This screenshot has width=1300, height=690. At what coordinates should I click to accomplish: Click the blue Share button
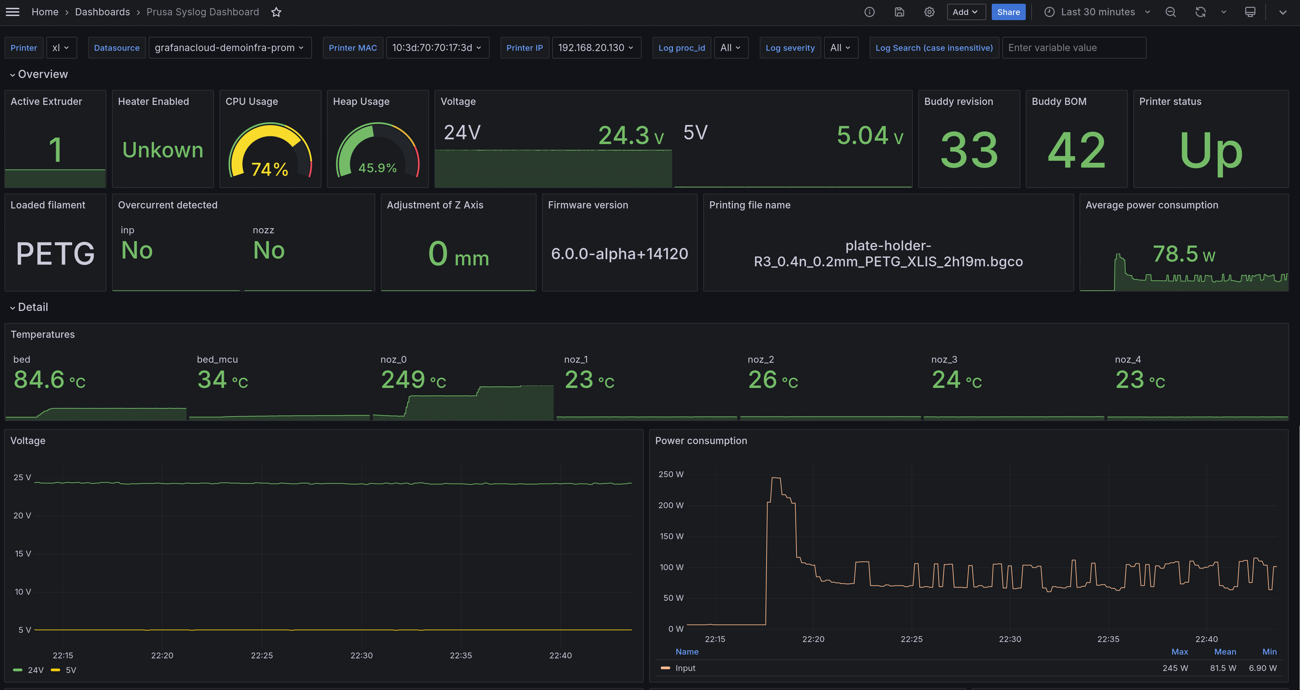click(1008, 12)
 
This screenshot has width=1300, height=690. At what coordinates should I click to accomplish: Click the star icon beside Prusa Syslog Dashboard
click(276, 12)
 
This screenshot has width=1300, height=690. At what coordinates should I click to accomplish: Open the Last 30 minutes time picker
click(1097, 12)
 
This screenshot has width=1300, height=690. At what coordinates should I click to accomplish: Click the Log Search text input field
click(1073, 47)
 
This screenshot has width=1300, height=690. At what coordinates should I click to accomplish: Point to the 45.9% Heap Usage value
click(377, 168)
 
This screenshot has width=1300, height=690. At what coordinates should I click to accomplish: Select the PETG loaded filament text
click(55, 254)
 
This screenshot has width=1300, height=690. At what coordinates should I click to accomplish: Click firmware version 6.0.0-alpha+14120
click(619, 254)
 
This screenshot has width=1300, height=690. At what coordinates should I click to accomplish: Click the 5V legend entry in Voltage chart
click(70, 670)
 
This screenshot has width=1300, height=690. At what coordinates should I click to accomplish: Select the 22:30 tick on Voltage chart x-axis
click(361, 655)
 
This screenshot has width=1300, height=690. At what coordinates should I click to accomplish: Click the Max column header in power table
click(1179, 652)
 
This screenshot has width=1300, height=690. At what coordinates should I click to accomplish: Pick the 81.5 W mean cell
click(1223, 668)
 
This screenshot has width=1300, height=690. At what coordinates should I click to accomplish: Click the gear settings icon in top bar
click(929, 12)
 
